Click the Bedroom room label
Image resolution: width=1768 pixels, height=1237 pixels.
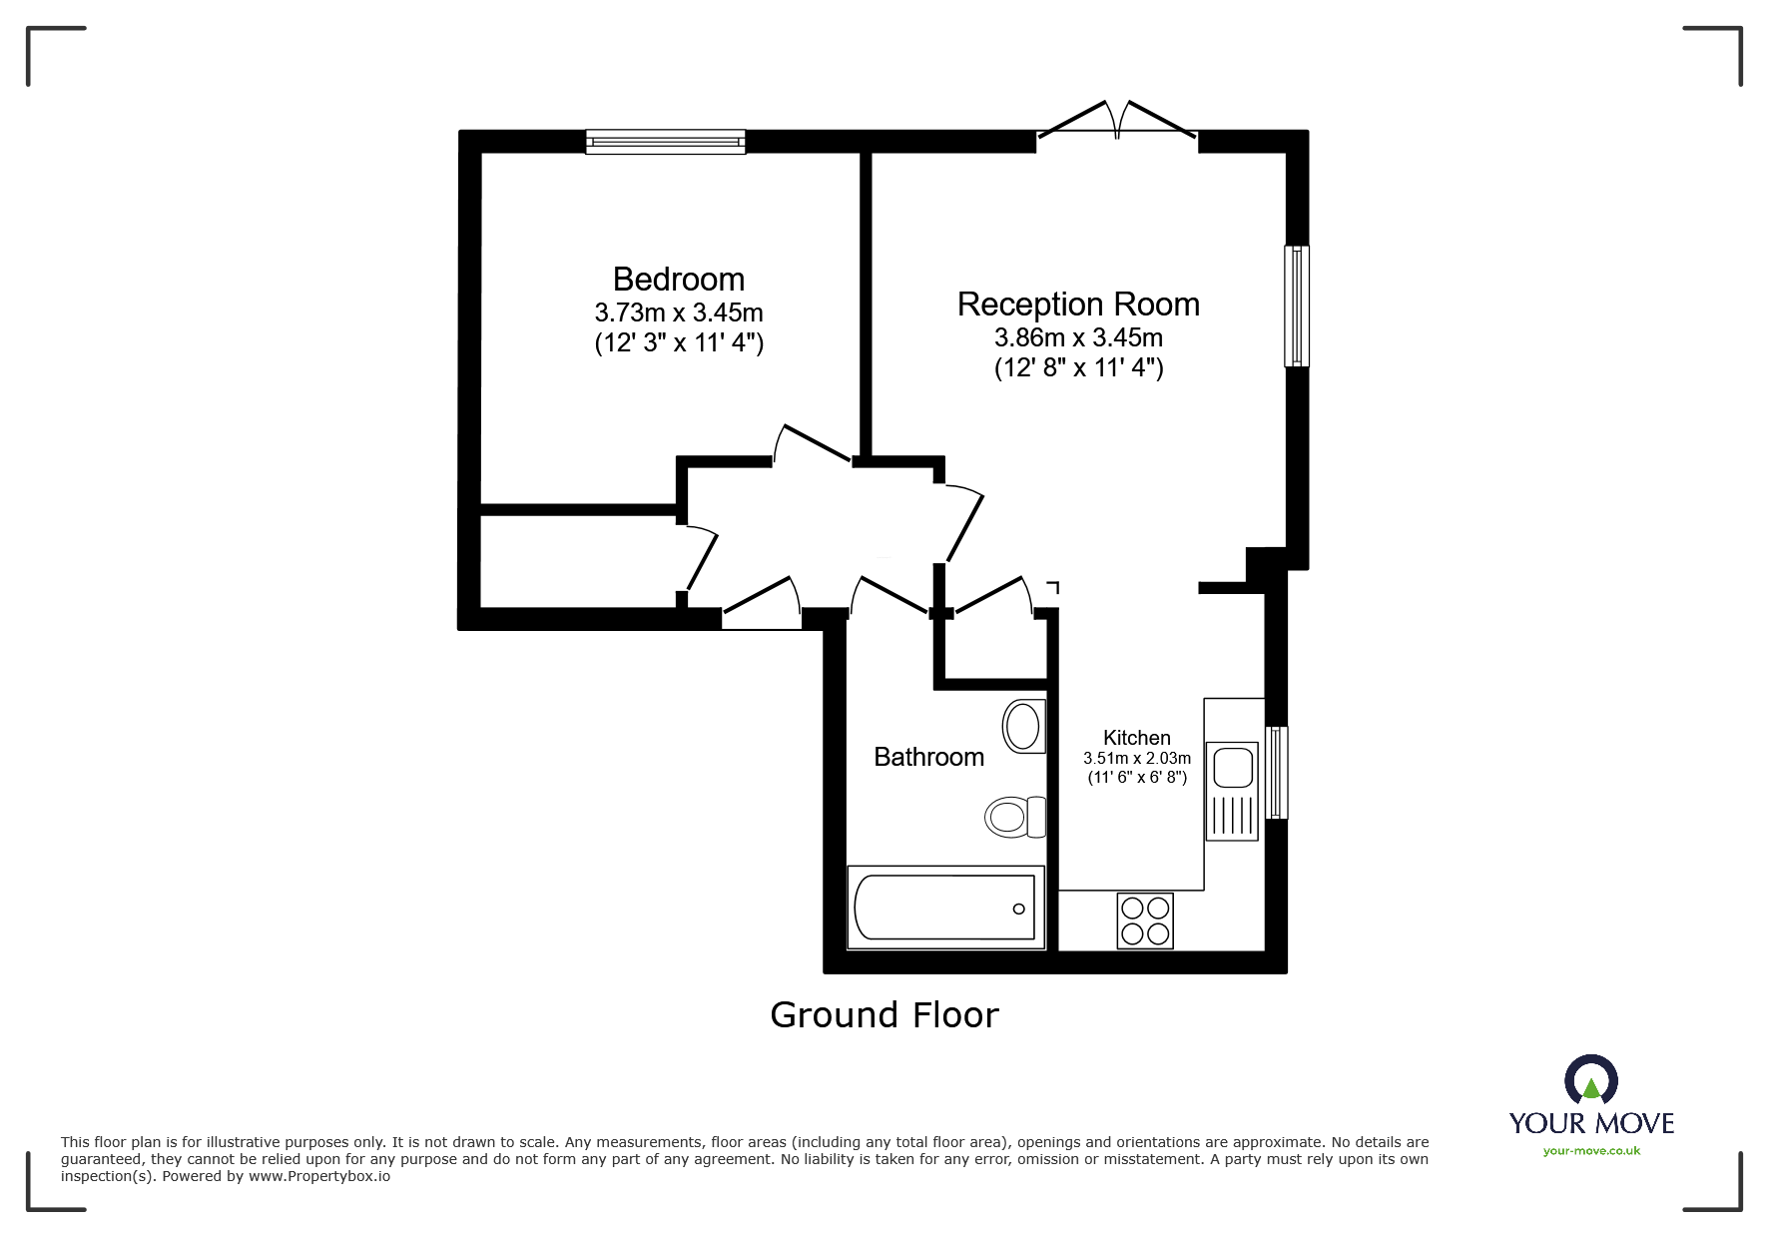tap(679, 279)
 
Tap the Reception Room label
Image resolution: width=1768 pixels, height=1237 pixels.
tap(1078, 304)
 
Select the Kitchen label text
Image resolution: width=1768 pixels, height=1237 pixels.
tap(1137, 738)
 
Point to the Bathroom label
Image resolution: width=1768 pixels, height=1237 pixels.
tap(928, 757)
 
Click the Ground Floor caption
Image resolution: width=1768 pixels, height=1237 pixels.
tap(884, 1015)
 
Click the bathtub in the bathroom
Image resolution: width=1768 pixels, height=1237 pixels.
tap(944, 908)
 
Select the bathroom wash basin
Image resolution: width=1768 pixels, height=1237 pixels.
tap(1023, 726)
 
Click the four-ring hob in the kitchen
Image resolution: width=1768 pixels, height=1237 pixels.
tap(1145, 921)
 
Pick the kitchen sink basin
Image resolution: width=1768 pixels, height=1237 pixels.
tap(1233, 766)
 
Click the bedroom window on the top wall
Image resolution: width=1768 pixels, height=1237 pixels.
tap(666, 142)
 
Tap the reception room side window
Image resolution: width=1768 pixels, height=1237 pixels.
tap(1297, 306)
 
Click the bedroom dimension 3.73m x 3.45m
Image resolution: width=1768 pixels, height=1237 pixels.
tap(679, 313)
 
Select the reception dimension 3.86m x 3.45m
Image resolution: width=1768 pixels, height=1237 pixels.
tap(1078, 338)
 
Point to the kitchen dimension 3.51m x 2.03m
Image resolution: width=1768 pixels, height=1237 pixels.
tap(1137, 759)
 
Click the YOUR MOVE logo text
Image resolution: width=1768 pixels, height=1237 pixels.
tap(1591, 1123)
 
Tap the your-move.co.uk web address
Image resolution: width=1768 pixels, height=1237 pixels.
tap(1591, 1151)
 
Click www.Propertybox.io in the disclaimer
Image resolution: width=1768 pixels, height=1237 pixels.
tap(319, 1176)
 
